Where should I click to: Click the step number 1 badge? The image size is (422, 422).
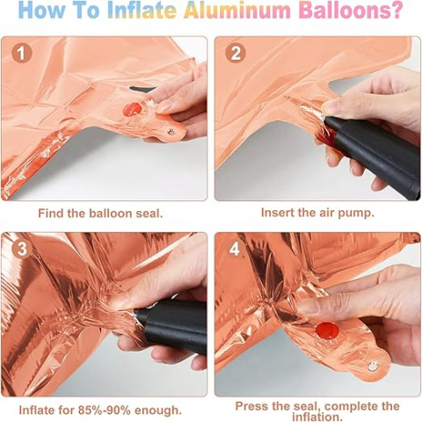coord(22,54)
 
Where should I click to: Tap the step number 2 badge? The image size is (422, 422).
coord(236,54)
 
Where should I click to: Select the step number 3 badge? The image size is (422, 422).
coord(22,249)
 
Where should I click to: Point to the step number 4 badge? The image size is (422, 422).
coord(235,249)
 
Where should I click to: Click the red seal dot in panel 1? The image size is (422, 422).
coord(133,109)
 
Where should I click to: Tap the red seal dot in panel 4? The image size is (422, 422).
coord(327,331)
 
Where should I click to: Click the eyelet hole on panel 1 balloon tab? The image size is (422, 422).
coord(171,132)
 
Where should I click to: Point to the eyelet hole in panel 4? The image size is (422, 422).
coord(373,366)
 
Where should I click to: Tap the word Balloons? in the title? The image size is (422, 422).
coord(352,10)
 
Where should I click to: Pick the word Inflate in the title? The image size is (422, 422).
coord(142,10)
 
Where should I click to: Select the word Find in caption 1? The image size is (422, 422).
coord(51,213)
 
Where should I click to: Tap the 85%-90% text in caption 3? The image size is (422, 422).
coord(104,410)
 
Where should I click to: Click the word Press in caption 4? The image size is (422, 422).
coord(251,406)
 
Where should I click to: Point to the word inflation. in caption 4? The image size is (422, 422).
coord(316,416)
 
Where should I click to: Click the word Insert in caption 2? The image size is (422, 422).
coord(278,212)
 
